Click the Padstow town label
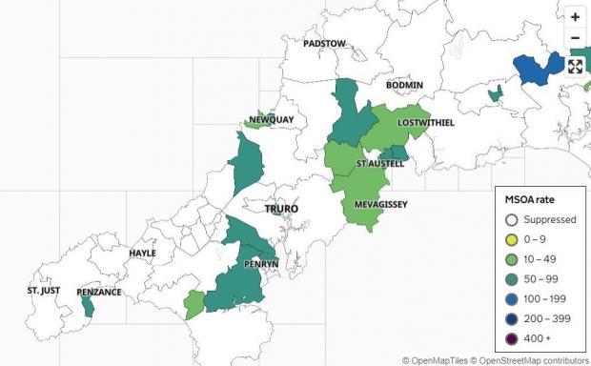324,44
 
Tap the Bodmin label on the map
404,86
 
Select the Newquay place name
272,119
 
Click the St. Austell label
380,164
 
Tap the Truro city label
282,209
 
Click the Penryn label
260,263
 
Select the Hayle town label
142,254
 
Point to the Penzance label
99,292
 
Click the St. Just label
43,289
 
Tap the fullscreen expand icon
575,66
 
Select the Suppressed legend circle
512,219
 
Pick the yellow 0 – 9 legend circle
512,239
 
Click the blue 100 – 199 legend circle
512,298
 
